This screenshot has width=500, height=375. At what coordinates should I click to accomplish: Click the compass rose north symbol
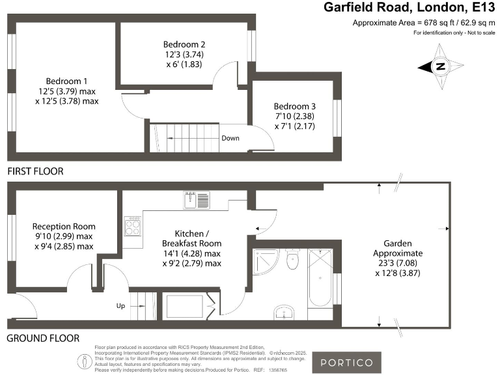pyautogui.click(x=441, y=66)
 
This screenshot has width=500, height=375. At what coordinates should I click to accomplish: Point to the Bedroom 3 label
pyautogui.click(x=295, y=116)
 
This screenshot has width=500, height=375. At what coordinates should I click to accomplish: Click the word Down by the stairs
pyautogui.click(x=230, y=138)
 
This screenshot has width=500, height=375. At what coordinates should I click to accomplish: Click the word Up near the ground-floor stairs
pyautogui.click(x=121, y=305)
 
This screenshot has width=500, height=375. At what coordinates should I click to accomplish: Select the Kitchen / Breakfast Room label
pyautogui.click(x=192, y=248)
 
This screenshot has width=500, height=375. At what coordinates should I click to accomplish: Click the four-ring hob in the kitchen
pyautogui.click(x=133, y=228)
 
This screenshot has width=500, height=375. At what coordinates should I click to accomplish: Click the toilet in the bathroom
pyautogui.click(x=292, y=260)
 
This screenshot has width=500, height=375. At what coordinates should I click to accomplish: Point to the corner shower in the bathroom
pyautogui.click(x=267, y=262)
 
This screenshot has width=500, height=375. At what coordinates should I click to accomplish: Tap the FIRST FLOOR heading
pyautogui.click(x=36, y=172)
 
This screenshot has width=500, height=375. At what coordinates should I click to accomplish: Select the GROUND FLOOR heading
pyautogui.click(x=43, y=339)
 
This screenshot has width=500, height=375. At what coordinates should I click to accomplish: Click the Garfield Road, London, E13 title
pyautogui.click(x=410, y=8)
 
